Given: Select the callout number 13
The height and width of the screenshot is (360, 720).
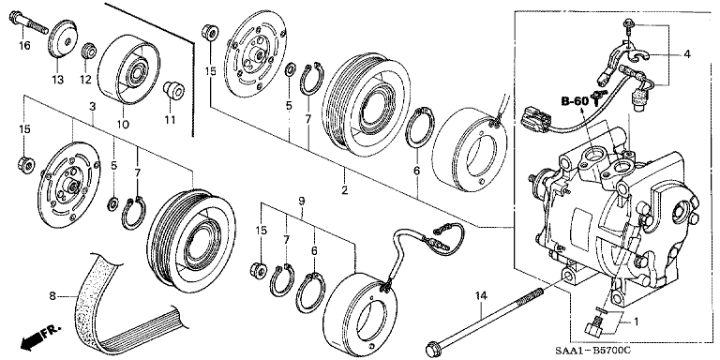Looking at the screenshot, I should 57,80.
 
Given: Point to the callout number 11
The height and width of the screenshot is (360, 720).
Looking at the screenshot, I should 170,119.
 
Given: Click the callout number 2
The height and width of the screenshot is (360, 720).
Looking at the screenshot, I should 344,189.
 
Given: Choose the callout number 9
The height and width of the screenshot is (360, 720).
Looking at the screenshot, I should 302,202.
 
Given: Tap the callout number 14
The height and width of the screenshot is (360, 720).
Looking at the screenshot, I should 481,297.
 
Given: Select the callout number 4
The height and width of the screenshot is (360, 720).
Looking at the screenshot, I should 686,54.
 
